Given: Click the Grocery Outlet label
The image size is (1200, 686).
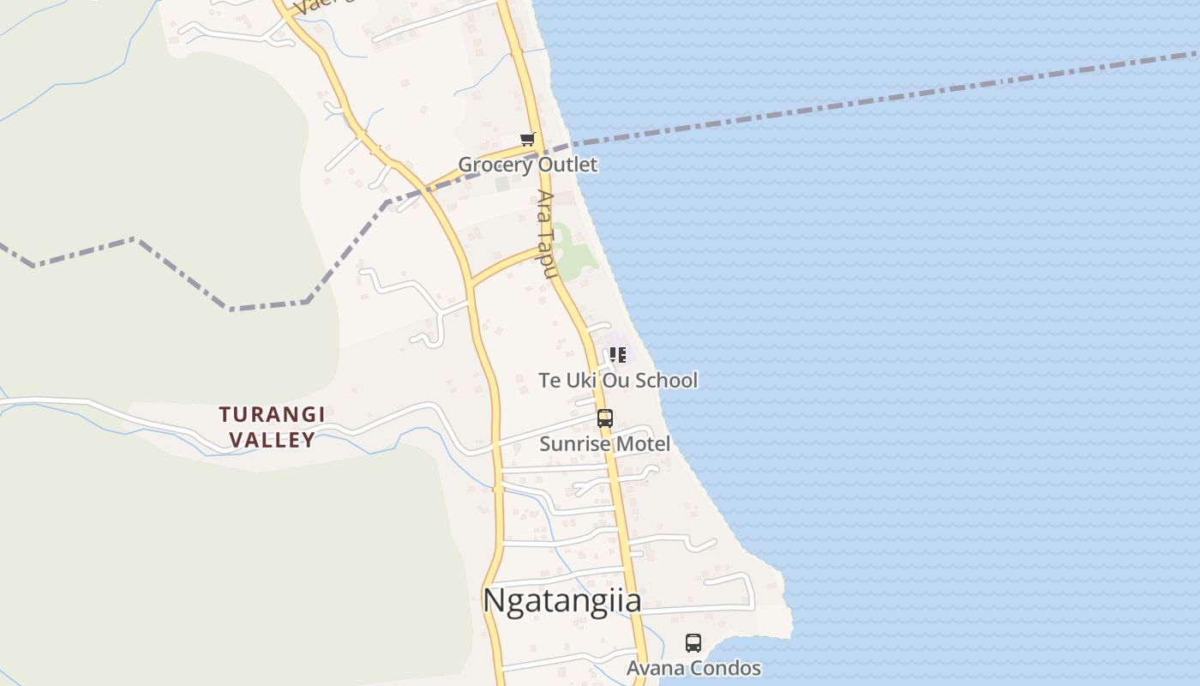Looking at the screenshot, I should (527, 164).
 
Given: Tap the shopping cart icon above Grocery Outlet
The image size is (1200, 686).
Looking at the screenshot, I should (528, 139).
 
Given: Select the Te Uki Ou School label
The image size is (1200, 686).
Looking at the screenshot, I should (618, 380).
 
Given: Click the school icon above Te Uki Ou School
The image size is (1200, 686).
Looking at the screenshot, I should (618, 354).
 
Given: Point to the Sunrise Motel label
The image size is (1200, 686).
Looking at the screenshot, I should (604, 444).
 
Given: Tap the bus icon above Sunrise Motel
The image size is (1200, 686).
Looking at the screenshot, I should (605, 418).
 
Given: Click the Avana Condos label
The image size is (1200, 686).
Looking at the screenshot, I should (693, 668).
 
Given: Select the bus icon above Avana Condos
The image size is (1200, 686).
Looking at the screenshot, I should (693, 642).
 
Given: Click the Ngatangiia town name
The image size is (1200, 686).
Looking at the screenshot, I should (561, 600).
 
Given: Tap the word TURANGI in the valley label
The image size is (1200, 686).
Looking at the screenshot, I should (272, 415).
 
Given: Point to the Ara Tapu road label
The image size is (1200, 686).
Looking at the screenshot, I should (547, 234).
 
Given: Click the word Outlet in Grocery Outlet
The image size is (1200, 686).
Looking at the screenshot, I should (570, 164).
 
